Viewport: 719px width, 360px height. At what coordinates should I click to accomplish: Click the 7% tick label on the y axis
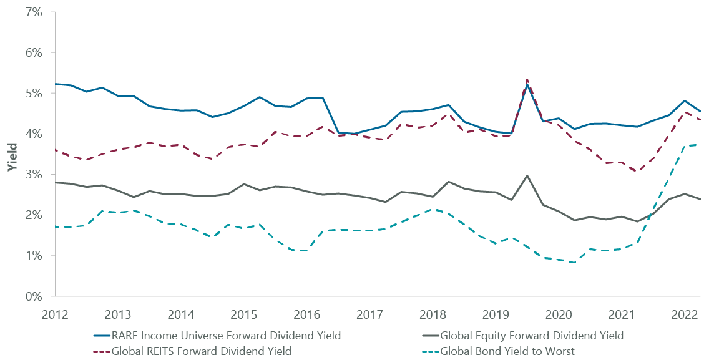(x=33, y=12)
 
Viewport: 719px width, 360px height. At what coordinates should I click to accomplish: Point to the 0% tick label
(x=33, y=296)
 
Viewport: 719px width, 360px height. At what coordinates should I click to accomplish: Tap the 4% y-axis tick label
(x=33, y=134)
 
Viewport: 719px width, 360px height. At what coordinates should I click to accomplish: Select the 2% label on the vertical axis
(x=33, y=215)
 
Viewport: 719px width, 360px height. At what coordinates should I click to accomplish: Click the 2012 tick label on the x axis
(x=56, y=313)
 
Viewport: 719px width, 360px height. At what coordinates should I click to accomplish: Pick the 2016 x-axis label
(x=307, y=313)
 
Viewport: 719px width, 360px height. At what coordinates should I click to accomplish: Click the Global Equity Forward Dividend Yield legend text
(x=532, y=336)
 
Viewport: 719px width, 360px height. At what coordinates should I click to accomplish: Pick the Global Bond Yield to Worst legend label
(x=507, y=351)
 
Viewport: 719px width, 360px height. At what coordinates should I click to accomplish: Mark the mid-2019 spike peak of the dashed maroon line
(x=527, y=79)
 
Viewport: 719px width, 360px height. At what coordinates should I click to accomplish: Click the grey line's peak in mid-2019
(x=527, y=176)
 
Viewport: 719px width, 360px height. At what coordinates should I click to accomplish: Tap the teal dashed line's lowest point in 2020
(x=574, y=263)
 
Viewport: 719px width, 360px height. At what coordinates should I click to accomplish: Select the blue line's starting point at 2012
(x=56, y=84)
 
